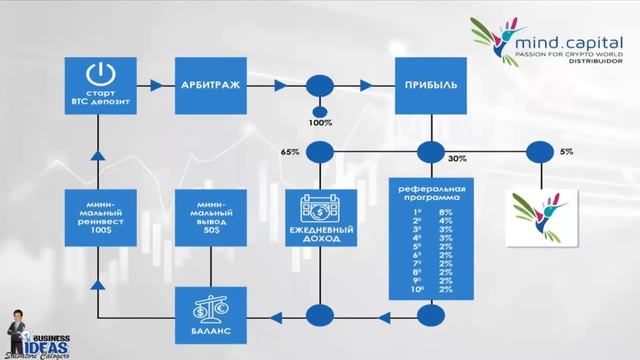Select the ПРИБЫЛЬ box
point(431,85)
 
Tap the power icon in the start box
point(99,73)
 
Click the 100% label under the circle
point(321,123)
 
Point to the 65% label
point(290,152)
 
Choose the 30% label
point(457,159)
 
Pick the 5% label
point(567,152)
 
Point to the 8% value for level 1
point(445,212)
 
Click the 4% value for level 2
point(445,223)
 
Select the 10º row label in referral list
point(417,289)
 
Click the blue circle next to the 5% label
point(539,153)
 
